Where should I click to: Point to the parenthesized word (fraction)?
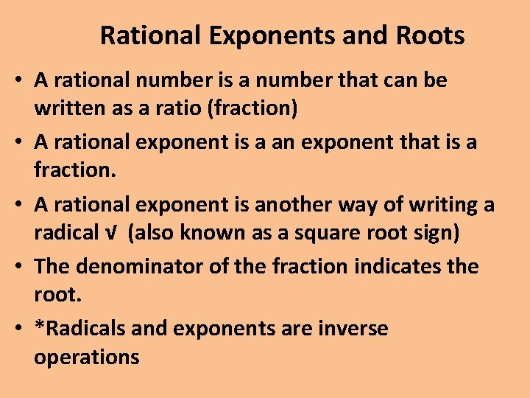[x=253, y=108]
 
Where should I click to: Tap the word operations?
[x=87, y=357]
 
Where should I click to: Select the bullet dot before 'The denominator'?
[x=18, y=267]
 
